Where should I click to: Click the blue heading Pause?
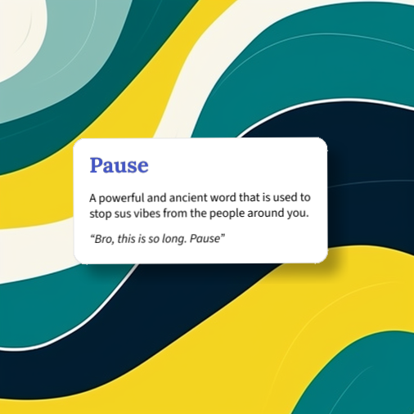(x=119, y=165)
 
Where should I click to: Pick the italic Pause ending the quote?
(x=209, y=238)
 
